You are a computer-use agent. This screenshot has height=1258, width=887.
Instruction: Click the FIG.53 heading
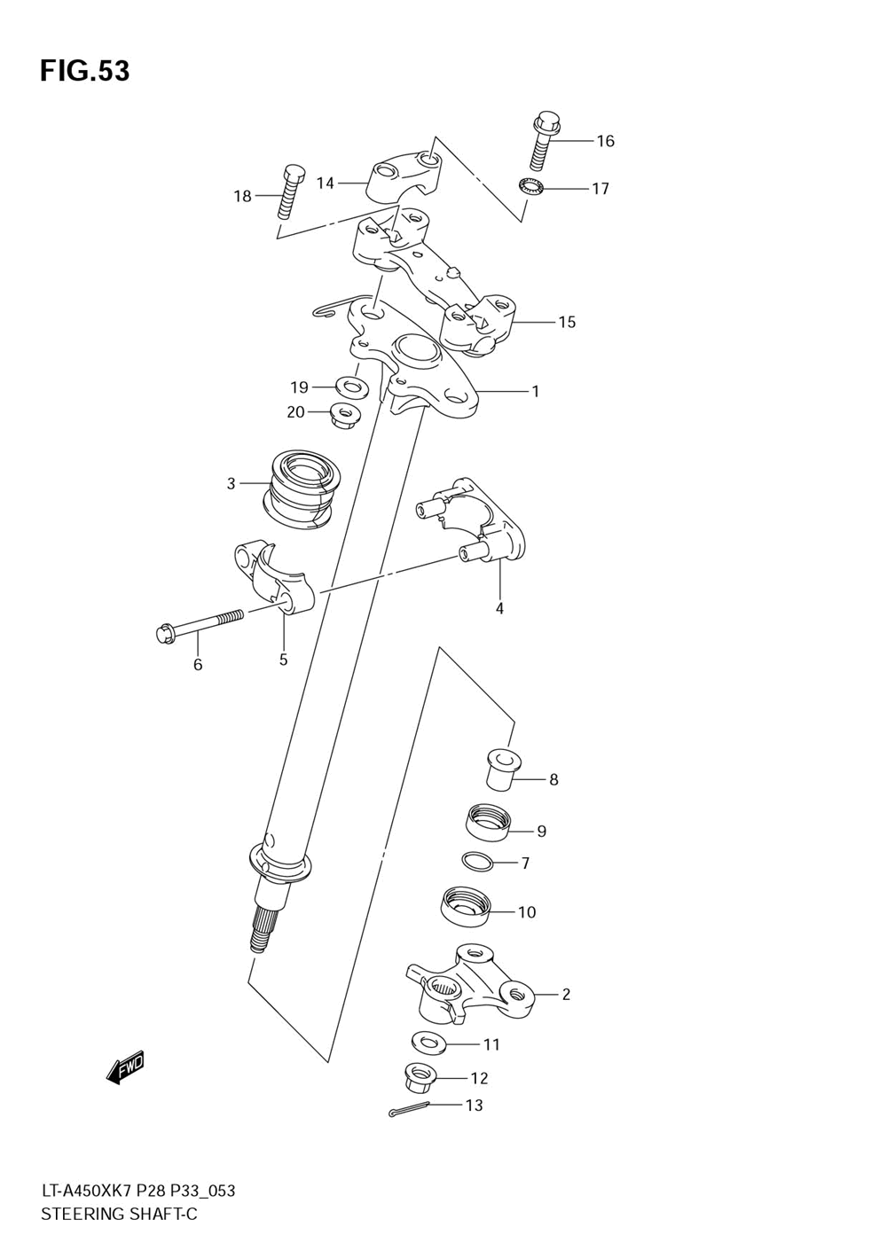coord(84,71)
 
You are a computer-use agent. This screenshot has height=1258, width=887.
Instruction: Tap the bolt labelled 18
coord(289,191)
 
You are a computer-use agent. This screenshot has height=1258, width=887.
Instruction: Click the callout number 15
coord(567,322)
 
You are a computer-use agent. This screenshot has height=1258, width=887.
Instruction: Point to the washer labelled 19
coord(351,387)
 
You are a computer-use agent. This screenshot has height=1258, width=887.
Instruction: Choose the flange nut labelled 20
coord(344,414)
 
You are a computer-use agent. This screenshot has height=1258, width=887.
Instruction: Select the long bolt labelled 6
coord(204,625)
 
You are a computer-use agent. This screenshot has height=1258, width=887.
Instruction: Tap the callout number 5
coord(284,659)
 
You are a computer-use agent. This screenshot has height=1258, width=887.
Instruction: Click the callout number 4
coord(499,608)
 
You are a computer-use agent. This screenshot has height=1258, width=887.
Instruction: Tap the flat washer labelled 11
coord(428,1041)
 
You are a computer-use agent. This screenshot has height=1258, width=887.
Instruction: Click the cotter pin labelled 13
coord(409,1108)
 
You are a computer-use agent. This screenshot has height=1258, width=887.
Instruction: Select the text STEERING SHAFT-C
coord(119,1215)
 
